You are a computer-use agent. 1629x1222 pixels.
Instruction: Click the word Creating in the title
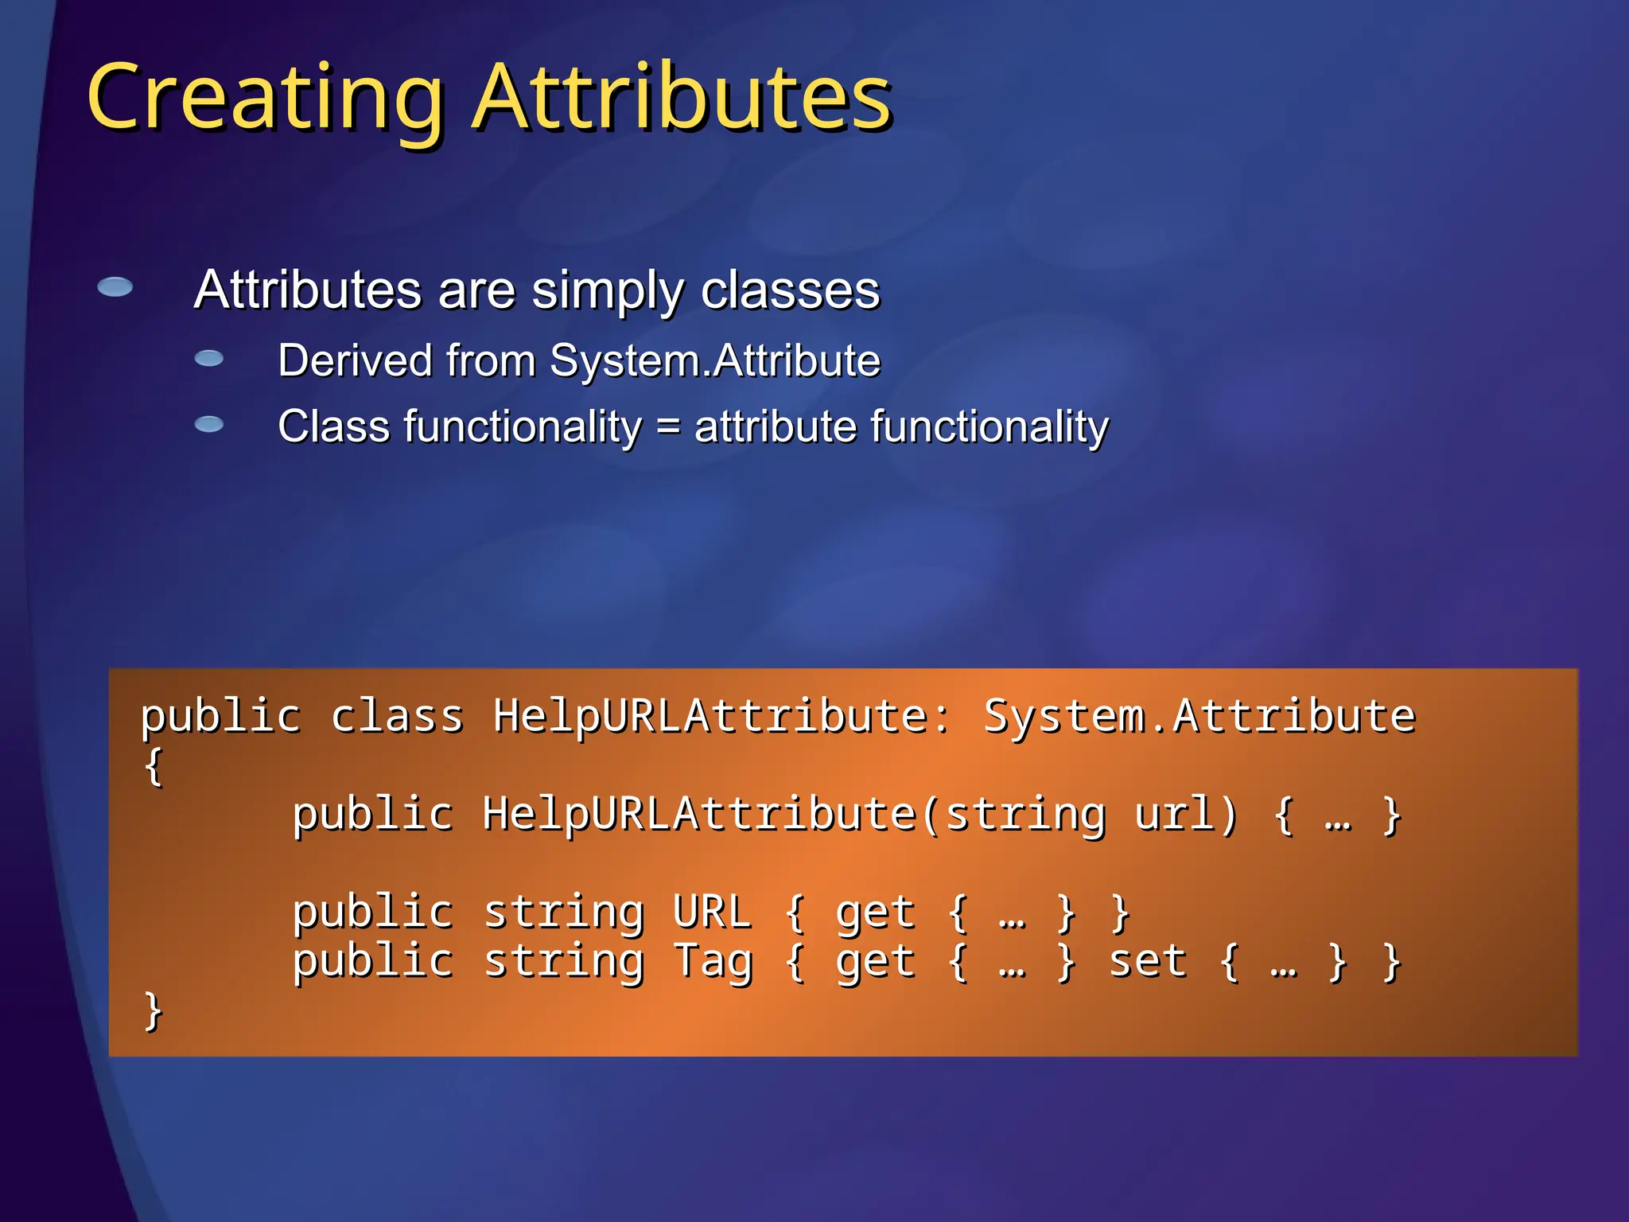click(265, 99)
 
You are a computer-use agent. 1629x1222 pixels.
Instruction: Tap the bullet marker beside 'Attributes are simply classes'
click(115, 287)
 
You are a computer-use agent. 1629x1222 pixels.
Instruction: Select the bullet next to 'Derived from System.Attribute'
click(209, 359)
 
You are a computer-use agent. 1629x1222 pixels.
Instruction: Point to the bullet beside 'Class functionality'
click(209, 424)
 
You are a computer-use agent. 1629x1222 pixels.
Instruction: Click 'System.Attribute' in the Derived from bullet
click(715, 360)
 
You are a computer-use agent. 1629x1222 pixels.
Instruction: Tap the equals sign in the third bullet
click(668, 427)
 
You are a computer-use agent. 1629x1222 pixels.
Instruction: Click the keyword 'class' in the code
click(396, 716)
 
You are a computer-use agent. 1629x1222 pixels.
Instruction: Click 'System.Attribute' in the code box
click(1199, 716)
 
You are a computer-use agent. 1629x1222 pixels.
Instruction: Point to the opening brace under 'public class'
click(154, 766)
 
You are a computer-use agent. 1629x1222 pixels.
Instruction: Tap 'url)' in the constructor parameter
click(1185, 815)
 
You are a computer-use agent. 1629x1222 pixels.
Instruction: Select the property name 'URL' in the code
click(711, 913)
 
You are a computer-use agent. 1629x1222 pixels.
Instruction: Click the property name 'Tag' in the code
click(713, 962)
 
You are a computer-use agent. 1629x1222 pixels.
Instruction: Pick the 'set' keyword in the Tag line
click(1147, 962)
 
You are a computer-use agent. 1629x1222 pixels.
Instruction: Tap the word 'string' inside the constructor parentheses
click(1025, 815)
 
